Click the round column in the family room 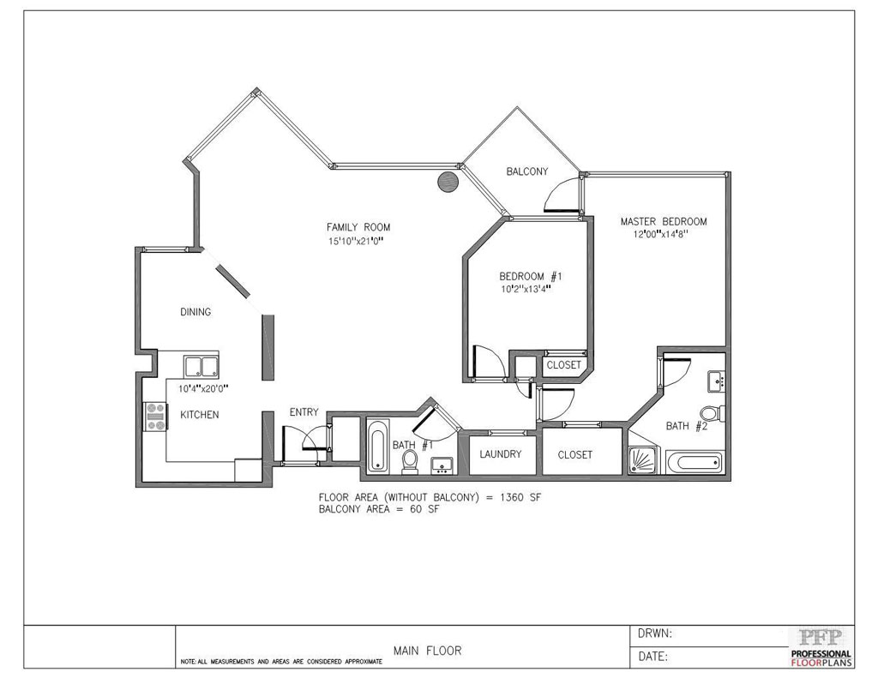(x=448, y=182)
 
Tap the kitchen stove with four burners (x=156, y=417)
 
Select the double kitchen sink (x=201, y=367)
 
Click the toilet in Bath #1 (x=411, y=462)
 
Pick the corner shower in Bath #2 (x=644, y=459)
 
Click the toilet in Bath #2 (x=713, y=414)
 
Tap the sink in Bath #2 (x=716, y=381)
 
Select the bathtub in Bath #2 (x=693, y=463)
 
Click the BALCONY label (x=527, y=171)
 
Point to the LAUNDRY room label (x=500, y=454)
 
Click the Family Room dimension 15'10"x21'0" (x=358, y=242)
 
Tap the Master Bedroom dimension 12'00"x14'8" (x=660, y=234)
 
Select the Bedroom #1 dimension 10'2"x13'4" (x=526, y=290)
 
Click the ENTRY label (x=304, y=412)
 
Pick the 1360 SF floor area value (x=520, y=497)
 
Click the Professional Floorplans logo (x=821, y=647)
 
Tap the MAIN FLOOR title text (x=427, y=651)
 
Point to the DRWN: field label (x=655, y=633)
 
